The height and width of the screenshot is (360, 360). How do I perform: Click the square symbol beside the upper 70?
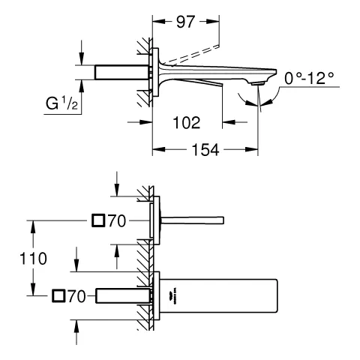coord(98,220)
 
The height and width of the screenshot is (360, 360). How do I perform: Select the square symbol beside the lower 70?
coord(59,296)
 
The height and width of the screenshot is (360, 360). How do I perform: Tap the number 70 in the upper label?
coord(117,220)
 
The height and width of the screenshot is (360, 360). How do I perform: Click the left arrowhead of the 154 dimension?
coord(157,150)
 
